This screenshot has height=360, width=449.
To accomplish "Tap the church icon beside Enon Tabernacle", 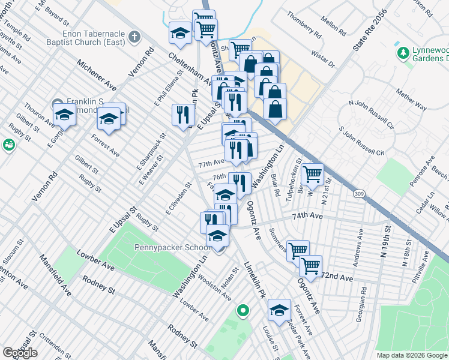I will [133, 37].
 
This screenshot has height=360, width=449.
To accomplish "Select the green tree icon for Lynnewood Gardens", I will [402, 53].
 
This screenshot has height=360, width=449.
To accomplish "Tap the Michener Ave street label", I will [96, 74].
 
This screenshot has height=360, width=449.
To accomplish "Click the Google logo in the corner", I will [20, 353].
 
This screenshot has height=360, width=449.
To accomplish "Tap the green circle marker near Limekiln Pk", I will [243, 310].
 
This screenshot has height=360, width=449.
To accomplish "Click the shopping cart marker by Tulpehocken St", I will [312, 174].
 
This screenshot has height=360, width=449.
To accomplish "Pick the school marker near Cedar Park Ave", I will [279, 309].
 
